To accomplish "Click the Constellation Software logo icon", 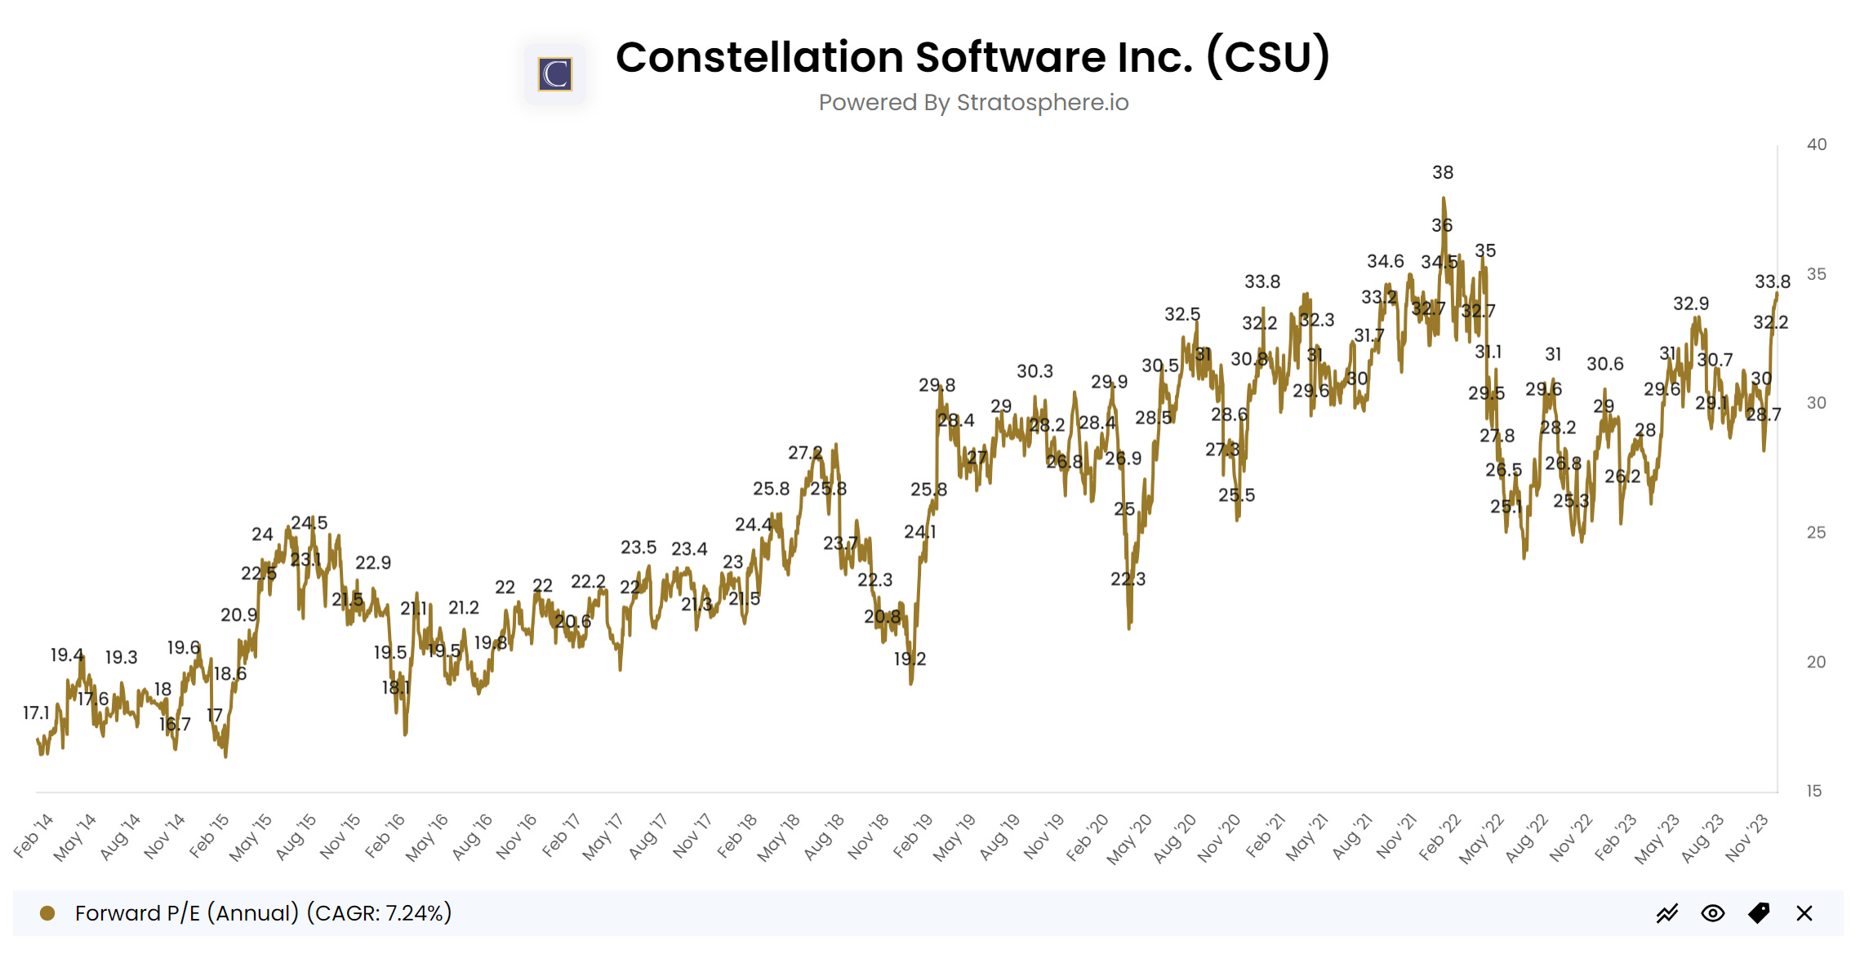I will pos(555,74).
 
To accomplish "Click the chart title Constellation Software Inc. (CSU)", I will pos(972,57).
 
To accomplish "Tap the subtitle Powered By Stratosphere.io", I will pos(973,103).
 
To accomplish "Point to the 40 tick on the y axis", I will pos(1816,144).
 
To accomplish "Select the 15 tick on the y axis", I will pos(1813,791).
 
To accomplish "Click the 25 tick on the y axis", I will pos(1816,532).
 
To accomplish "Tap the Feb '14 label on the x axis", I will pos(34,834).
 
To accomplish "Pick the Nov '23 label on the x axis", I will pos(1747,836).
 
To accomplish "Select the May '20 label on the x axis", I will pos(1129,837).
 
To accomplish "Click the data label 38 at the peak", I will pos(1442,172).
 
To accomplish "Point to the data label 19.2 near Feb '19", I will pos(910,659).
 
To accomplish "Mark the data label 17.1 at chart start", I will pos(36,712).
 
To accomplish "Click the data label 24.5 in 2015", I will pos(309,522).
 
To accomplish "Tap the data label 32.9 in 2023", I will pos(1690,304).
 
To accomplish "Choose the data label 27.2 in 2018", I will pos(804,452).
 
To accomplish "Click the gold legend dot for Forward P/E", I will pos(47,912).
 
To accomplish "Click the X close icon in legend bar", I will pos(1804,913).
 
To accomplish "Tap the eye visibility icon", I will pos(1712,913).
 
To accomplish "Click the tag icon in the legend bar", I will pos(1758,913).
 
